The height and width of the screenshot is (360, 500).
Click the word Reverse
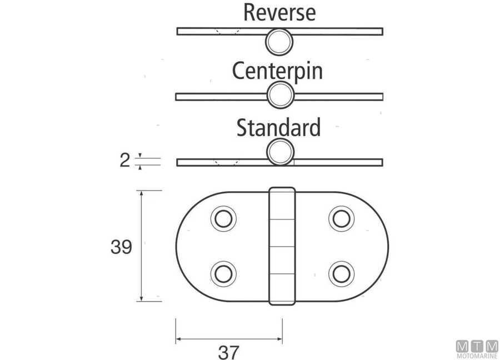click(x=279, y=13)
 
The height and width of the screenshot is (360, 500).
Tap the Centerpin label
click(x=277, y=71)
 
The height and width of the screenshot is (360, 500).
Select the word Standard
click(x=278, y=128)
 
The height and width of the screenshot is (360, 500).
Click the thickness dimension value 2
click(x=124, y=160)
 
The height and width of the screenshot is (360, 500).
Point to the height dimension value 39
click(x=121, y=247)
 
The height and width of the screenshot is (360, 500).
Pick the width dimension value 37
click(x=228, y=352)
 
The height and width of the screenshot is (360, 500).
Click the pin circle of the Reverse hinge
click(x=279, y=42)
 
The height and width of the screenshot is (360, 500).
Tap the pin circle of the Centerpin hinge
click(x=281, y=94)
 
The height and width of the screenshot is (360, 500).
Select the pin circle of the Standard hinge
click(x=280, y=152)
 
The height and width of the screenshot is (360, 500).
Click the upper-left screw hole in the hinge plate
click(x=223, y=219)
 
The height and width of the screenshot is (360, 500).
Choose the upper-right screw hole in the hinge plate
click(x=342, y=219)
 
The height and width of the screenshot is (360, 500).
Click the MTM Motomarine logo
click(x=477, y=349)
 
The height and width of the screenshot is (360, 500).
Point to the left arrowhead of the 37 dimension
click(x=178, y=339)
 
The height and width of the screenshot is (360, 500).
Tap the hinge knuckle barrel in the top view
click(x=282, y=246)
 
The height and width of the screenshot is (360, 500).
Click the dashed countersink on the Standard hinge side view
click(x=227, y=162)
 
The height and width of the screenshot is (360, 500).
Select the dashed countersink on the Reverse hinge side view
click(x=227, y=31)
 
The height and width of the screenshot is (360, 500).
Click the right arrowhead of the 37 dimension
click(x=279, y=339)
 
